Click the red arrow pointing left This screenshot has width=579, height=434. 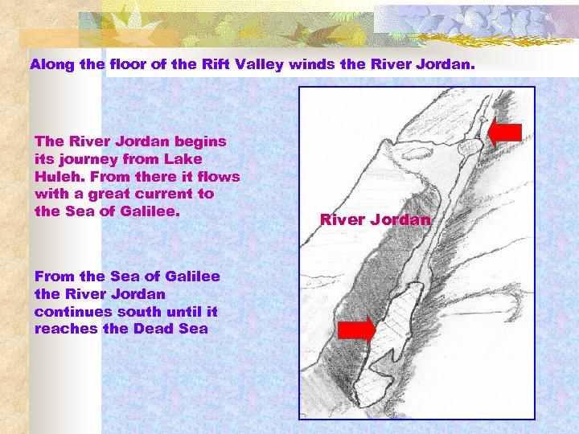click(x=505, y=133)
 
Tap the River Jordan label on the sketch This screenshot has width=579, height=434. click(x=375, y=219)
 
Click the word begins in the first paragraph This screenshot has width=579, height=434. click(x=197, y=141)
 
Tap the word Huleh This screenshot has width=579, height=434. click(x=58, y=176)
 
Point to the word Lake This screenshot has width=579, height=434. click(x=183, y=159)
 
